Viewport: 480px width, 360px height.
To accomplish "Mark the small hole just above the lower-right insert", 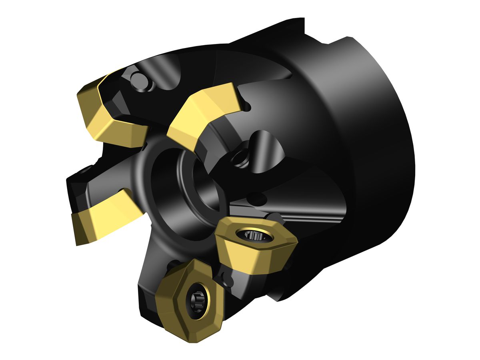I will (x=256, y=196).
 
